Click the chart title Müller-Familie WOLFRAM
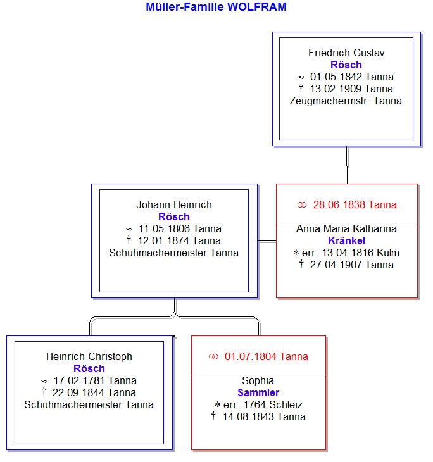(x=216, y=7)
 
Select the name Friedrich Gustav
(x=346, y=53)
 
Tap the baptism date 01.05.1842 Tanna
(x=351, y=77)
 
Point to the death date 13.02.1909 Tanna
(x=351, y=89)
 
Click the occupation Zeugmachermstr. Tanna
(x=346, y=101)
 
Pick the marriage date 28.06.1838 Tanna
(x=355, y=204)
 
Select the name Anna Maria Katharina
(x=346, y=228)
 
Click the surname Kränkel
(x=346, y=240)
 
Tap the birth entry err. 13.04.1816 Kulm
(x=351, y=253)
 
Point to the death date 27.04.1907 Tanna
(x=351, y=265)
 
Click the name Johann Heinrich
(x=174, y=204)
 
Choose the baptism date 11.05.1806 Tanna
(x=180, y=228)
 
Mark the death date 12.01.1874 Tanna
(x=179, y=240)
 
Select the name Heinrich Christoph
(x=89, y=356)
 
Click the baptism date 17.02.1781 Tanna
(x=95, y=381)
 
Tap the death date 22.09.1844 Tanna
(x=94, y=393)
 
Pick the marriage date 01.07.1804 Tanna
(x=266, y=356)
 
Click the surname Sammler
(x=258, y=393)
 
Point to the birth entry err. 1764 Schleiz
(x=263, y=405)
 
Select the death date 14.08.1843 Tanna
(x=264, y=417)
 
